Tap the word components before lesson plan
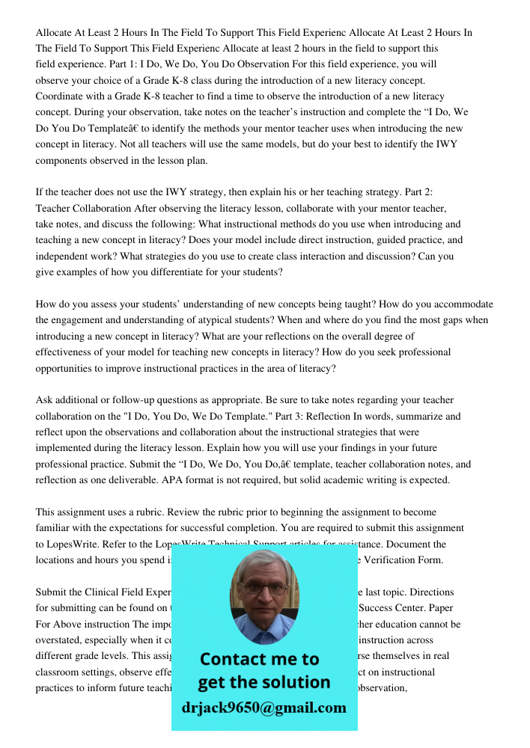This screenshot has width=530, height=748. (64, 160)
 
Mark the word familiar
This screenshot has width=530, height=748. (57, 528)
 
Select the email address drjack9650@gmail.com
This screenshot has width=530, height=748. (264, 707)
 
